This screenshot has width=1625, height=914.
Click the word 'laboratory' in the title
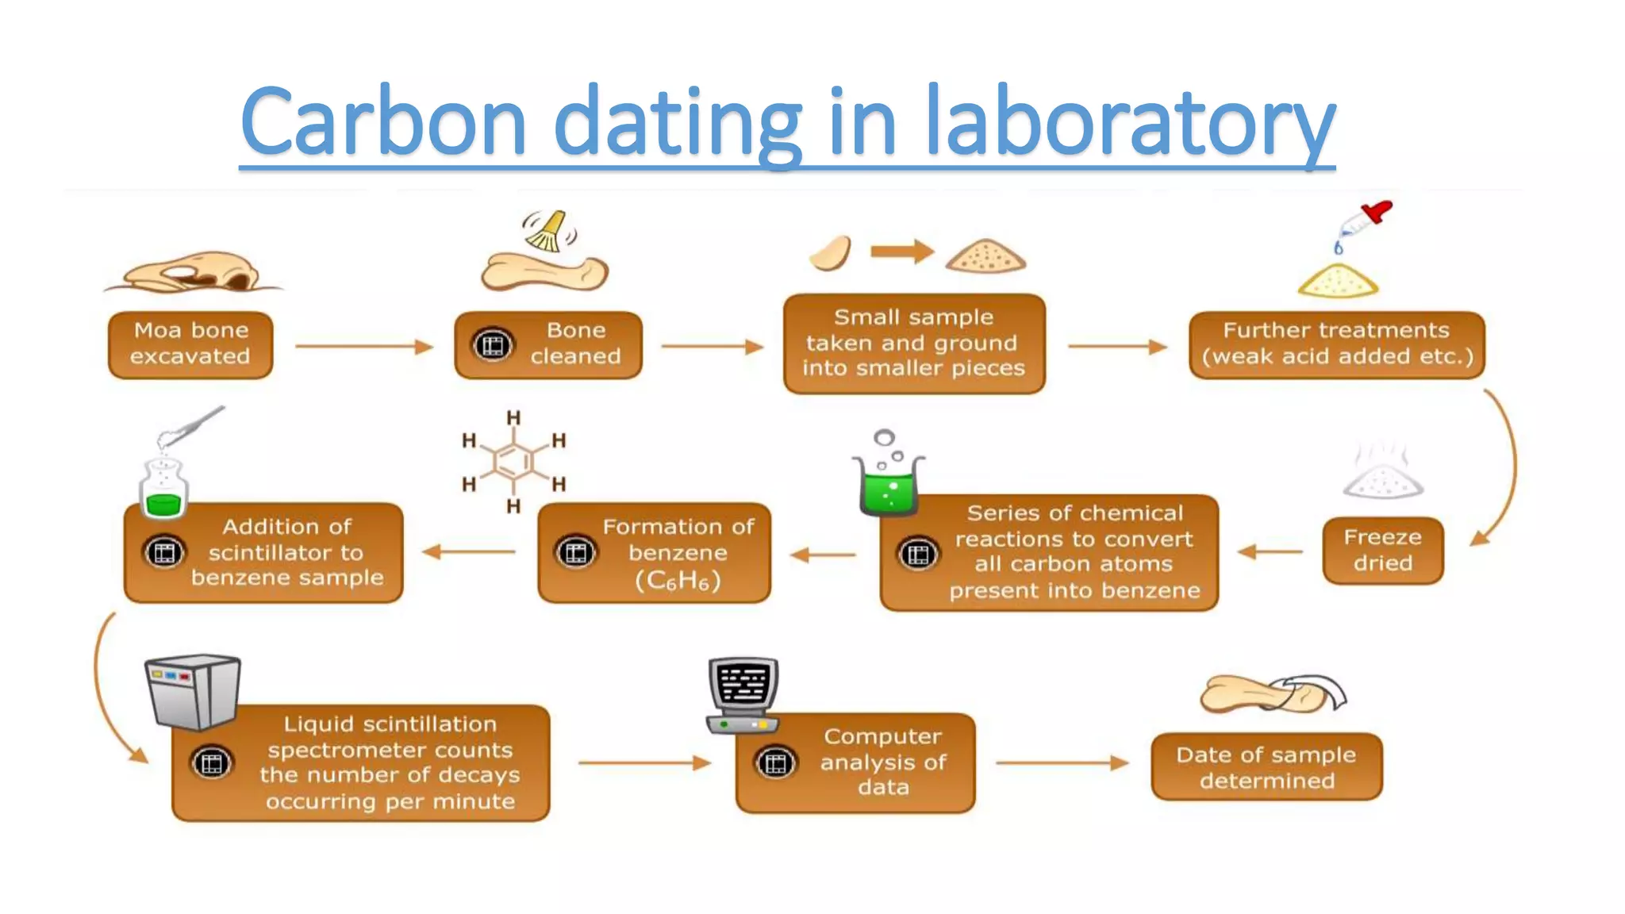(1130, 123)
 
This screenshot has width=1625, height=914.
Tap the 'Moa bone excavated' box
(190, 344)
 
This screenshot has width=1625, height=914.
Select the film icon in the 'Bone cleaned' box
(492, 345)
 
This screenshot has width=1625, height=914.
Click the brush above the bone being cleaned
(547, 231)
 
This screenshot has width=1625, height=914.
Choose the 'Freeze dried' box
(1382, 551)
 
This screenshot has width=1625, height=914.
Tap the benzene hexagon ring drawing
(514, 461)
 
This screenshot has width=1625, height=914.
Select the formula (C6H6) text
(678, 581)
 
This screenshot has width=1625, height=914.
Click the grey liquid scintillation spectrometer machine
(193, 690)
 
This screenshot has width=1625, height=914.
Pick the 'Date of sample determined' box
(1266, 766)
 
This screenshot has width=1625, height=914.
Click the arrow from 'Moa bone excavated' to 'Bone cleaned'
(363, 346)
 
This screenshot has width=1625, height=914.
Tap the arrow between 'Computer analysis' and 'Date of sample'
(1062, 763)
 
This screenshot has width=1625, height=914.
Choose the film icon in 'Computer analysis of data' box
(775, 763)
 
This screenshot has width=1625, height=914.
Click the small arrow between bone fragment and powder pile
(901, 252)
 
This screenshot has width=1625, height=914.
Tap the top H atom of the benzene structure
(514, 417)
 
